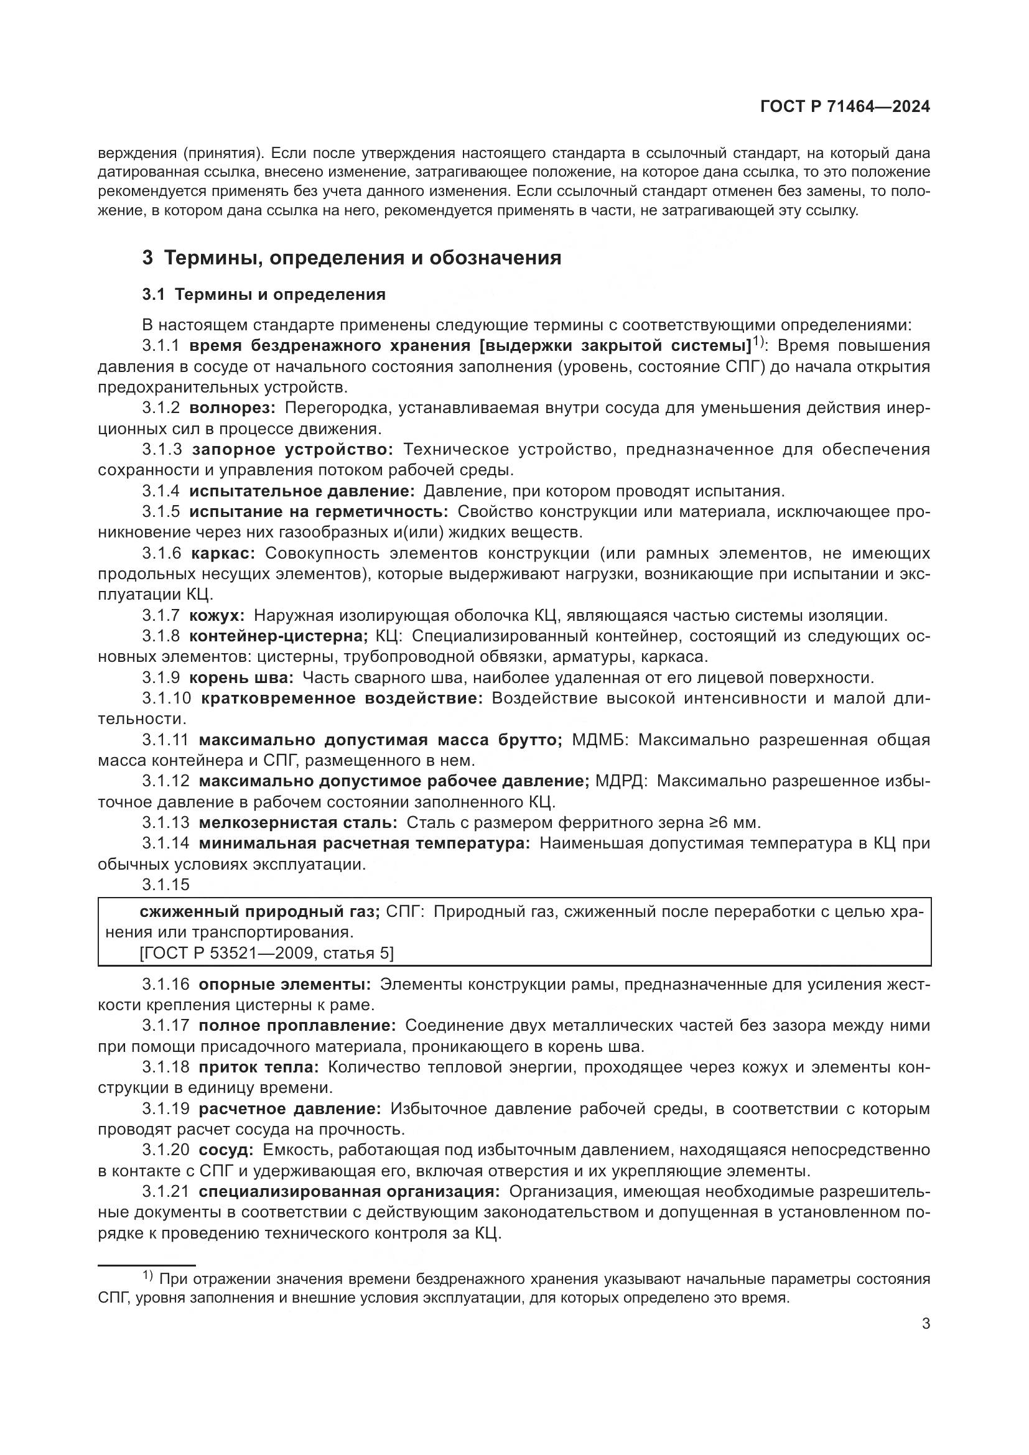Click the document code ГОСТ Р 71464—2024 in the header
click(x=845, y=107)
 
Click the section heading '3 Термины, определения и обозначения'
click(x=352, y=258)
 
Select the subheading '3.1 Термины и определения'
click(x=264, y=294)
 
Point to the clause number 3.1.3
click(x=162, y=449)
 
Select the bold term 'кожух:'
click(x=217, y=615)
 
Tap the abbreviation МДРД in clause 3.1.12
click(x=620, y=781)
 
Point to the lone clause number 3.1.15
click(x=165, y=884)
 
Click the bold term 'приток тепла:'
click(x=259, y=1067)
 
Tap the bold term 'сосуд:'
click(x=226, y=1150)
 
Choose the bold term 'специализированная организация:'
click(x=349, y=1191)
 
